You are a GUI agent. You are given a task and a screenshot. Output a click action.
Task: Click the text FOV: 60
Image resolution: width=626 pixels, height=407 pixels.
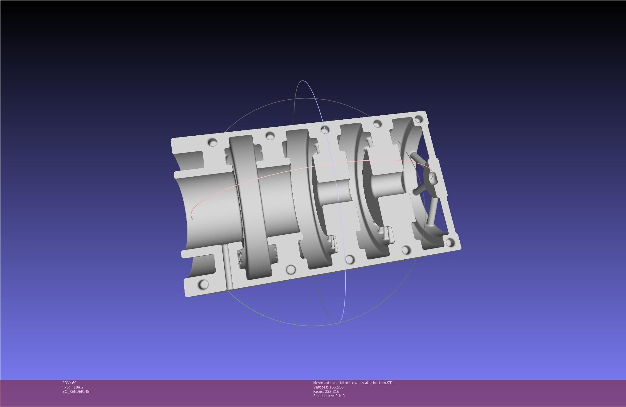(69, 383)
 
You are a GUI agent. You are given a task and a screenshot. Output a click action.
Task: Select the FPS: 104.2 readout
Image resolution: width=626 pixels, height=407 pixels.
(73, 387)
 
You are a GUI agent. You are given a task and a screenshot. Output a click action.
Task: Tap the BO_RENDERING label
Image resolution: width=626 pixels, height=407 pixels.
(76, 391)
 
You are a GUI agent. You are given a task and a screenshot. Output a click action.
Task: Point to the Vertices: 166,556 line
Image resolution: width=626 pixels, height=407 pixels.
(328, 387)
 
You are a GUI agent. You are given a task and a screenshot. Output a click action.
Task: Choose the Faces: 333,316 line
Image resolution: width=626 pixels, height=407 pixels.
(326, 391)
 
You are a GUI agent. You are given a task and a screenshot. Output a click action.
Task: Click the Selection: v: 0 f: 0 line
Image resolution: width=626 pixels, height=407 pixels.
(329, 396)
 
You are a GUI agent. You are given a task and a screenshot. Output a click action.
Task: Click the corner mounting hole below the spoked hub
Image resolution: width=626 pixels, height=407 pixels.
(450, 242)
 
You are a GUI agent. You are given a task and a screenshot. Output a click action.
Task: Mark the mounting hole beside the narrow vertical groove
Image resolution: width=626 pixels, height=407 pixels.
(203, 284)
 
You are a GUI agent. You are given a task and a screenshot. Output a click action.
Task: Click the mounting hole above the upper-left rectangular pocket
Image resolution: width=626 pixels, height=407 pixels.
(213, 142)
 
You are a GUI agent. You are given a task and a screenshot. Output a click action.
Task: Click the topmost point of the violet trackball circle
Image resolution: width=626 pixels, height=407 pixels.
(303, 81)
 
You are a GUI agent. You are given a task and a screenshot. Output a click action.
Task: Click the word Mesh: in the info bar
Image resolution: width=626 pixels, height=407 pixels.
(318, 383)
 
